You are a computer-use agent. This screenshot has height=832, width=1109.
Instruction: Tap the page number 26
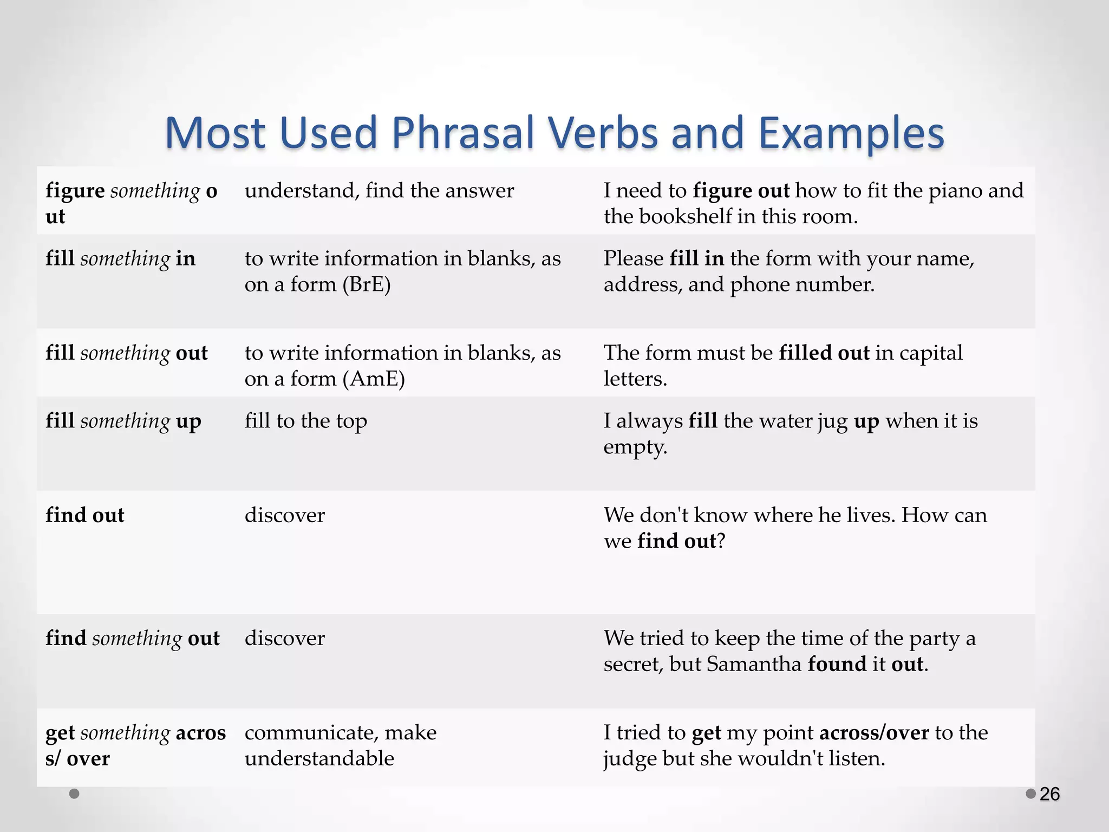click(1049, 794)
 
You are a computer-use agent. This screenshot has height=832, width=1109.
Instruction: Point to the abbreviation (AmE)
click(374, 379)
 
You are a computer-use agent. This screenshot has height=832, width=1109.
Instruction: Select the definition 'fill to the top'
click(305, 421)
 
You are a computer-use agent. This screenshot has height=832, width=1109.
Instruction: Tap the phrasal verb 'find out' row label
click(85, 515)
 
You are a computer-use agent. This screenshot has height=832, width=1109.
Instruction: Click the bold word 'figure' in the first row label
click(75, 191)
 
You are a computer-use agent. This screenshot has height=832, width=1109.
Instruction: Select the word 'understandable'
click(319, 758)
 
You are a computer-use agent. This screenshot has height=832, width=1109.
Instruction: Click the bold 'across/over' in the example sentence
click(874, 733)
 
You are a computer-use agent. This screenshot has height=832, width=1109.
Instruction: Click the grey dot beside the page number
click(1030, 794)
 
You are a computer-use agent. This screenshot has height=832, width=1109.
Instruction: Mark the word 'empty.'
click(635, 447)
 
